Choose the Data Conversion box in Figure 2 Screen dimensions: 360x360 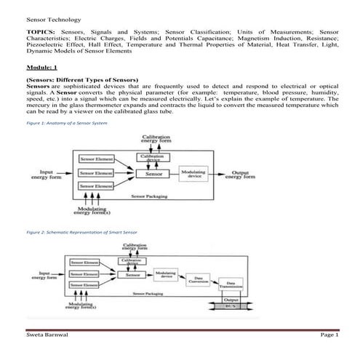click(x=195, y=279)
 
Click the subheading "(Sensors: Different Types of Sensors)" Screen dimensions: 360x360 click(x=81, y=79)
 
